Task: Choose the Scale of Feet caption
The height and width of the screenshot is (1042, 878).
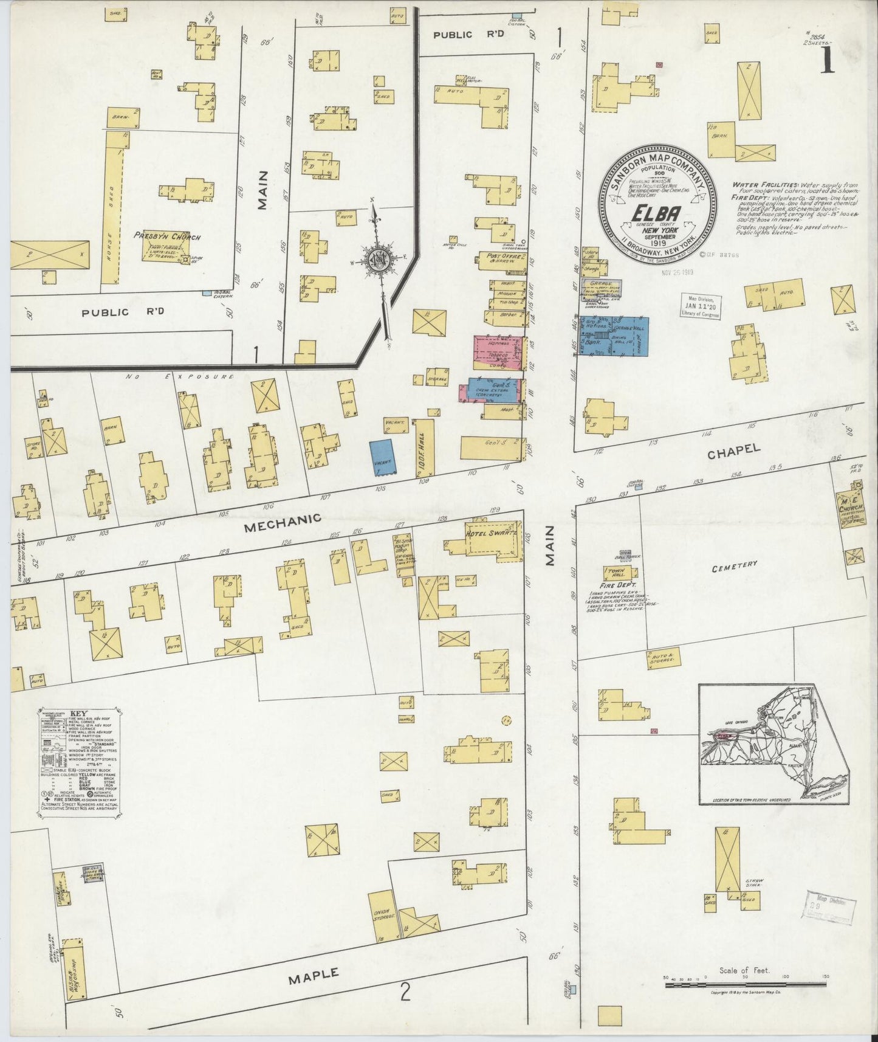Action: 743,970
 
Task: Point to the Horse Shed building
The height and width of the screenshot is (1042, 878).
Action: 112,207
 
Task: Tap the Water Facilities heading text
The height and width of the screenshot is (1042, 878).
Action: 756,184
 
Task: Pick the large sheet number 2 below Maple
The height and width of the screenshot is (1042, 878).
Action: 405,993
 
